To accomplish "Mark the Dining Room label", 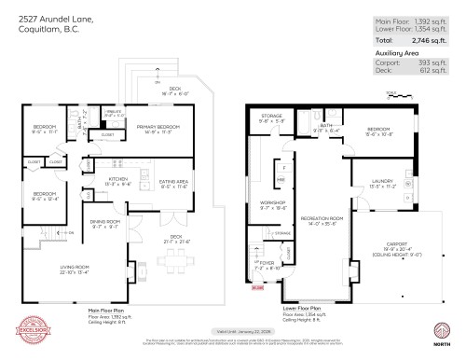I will [x=104, y=224].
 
